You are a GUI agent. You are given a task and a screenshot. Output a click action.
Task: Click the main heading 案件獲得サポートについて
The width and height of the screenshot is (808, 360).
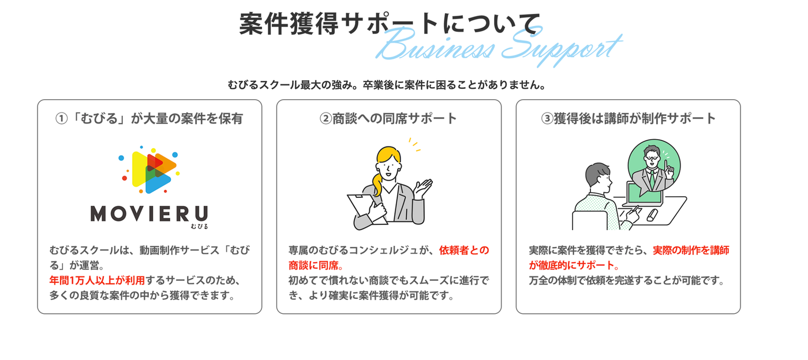point(390,24)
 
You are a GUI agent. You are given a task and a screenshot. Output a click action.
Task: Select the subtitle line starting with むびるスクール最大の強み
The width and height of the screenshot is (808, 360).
point(387,85)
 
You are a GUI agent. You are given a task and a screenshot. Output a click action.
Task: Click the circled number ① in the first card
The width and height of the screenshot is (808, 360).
point(61,118)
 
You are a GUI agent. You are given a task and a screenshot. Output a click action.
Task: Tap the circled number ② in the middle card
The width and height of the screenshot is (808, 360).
point(326,118)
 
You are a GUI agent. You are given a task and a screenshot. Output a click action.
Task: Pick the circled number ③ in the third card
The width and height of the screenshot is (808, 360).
point(547,118)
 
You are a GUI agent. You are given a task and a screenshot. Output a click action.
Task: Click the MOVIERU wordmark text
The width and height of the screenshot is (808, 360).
point(149,213)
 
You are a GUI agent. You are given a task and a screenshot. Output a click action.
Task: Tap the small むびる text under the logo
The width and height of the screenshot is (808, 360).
point(200,227)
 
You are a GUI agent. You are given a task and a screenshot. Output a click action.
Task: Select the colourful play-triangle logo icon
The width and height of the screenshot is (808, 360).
point(149,170)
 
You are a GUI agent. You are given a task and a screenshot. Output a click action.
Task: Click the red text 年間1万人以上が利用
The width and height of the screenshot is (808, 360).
point(97,280)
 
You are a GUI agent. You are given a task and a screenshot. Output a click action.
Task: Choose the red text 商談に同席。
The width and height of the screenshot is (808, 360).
point(316,265)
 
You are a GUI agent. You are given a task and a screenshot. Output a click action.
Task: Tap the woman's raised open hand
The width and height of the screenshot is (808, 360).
point(422,187)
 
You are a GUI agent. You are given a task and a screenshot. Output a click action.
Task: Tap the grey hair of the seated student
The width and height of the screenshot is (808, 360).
point(597,174)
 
